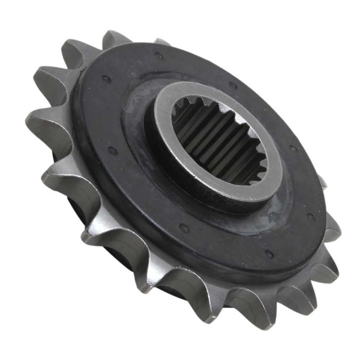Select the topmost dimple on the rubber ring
tap(159, 56)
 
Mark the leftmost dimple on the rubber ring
tap(105, 78)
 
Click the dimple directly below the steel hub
tap(184, 228)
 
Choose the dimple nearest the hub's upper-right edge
tap(234, 85)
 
